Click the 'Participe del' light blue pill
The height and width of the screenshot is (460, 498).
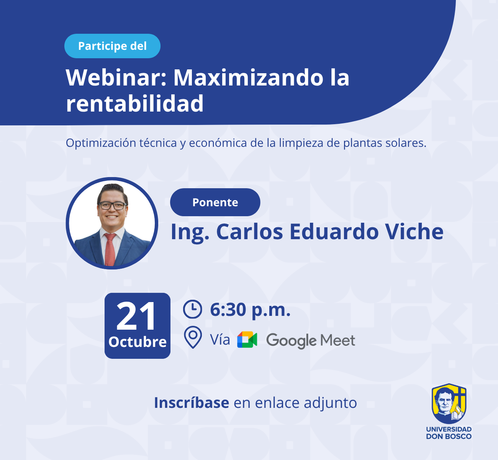pos(112,46)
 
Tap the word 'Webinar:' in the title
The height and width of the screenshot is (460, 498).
pos(116,77)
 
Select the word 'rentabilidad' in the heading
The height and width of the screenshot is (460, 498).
pos(134,103)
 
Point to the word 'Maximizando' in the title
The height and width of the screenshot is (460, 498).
pos(248,77)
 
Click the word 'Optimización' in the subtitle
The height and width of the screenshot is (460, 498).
pos(101,143)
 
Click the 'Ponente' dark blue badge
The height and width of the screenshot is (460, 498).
pos(215,202)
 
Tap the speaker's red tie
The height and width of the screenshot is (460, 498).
pos(110,249)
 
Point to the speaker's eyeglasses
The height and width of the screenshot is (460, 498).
pos(112,206)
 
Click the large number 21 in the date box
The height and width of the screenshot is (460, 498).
pos(137,316)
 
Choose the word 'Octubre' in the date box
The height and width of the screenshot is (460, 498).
pos(138,342)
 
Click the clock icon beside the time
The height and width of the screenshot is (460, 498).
pos(192,309)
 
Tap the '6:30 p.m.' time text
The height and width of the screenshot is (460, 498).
pos(250,310)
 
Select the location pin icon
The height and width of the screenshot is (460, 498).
pos(193,337)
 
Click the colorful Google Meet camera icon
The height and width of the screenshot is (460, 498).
pos(247,340)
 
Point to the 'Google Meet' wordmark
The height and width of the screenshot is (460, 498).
pos(310,341)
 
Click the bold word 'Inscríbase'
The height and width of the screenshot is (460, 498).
pos(192,403)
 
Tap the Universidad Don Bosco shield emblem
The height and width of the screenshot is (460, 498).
pos(449,404)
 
